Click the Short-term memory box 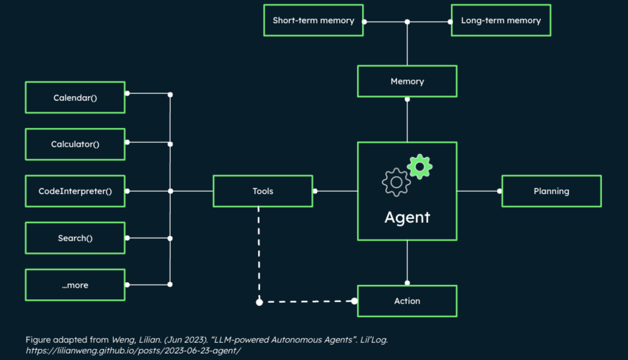pyautogui.click(x=313, y=20)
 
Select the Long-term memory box pyautogui.click(x=501, y=20)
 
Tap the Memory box pyautogui.click(x=407, y=82)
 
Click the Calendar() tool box pyautogui.click(x=75, y=98)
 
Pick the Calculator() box pyautogui.click(x=75, y=144)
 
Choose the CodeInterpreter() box pyautogui.click(x=75, y=191)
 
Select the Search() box pyautogui.click(x=75, y=238)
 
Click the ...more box pyautogui.click(x=75, y=285)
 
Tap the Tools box pyautogui.click(x=263, y=191)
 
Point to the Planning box pyautogui.click(x=551, y=191)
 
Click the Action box pyautogui.click(x=407, y=301)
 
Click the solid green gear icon pyautogui.click(x=420, y=167)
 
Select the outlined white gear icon pyautogui.click(x=396, y=182)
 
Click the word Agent pyautogui.click(x=407, y=217)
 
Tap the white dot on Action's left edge pyautogui.click(x=354, y=301)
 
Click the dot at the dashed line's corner pyautogui.click(x=259, y=302)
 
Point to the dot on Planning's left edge pyautogui.click(x=499, y=191)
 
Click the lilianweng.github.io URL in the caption pyautogui.click(x=133, y=350)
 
